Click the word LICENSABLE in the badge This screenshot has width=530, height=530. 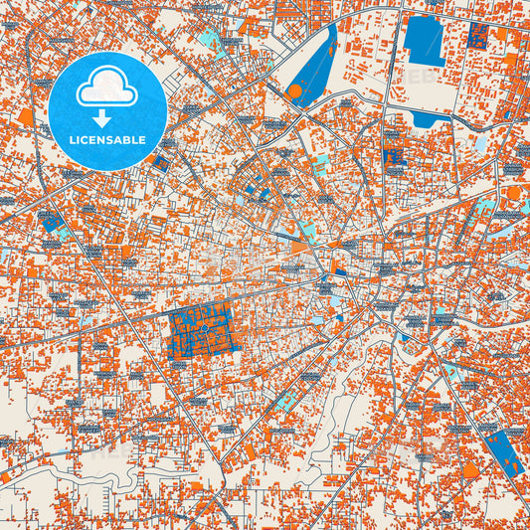(x=107, y=140)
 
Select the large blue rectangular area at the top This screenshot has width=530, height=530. (x=423, y=40)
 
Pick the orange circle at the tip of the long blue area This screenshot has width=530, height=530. (x=294, y=91)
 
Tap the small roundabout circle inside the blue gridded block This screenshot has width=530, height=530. (x=204, y=327)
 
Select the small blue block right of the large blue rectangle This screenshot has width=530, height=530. (x=476, y=37)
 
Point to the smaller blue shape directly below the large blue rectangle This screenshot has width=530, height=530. (x=425, y=118)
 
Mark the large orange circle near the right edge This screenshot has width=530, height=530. (x=513, y=193)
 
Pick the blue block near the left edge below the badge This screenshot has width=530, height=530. (x=51, y=222)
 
